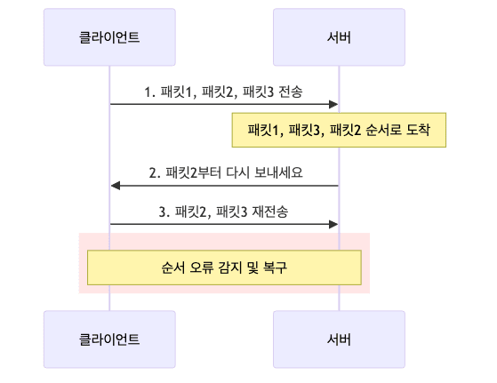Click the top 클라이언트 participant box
tap(109, 38)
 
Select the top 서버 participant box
tap(339, 38)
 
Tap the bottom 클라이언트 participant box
tap(109, 338)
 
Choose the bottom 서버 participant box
tap(339, 338)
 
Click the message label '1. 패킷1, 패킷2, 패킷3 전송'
tap(224, 92)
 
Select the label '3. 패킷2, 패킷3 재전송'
tap(224, 212)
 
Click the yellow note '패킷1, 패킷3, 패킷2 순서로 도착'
tap(339, 131)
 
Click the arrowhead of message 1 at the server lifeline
tap(334, 104)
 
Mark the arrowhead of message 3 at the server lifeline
tap(334, 225)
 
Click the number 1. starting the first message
tap(151, 92)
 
